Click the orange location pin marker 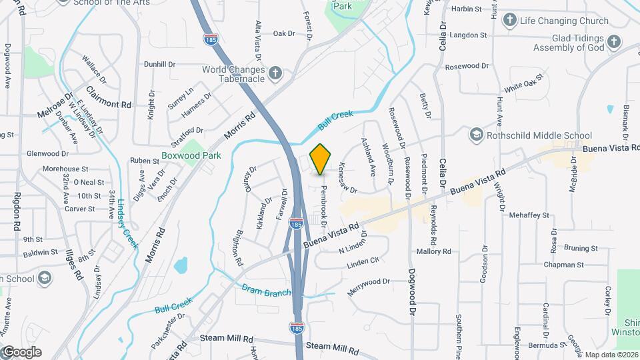(x=321, y=159)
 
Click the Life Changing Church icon (x=510, y=21)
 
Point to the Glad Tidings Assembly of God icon (x=613, y=42)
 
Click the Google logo (x=21, y=352)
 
